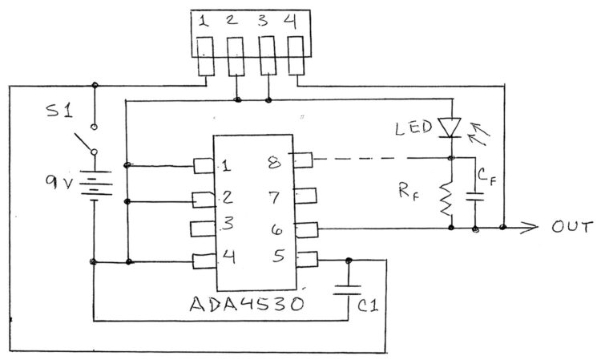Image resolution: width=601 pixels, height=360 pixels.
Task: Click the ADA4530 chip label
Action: [247, 304]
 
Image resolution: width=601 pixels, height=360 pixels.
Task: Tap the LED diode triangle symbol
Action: [450, 127]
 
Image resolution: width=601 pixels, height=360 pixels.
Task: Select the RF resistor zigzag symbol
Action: [446, 199]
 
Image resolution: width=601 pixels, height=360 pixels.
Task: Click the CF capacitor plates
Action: [475, 196]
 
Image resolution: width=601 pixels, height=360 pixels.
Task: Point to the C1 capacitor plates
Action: [347, 289]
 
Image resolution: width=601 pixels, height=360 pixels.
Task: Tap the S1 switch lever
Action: [83, 142]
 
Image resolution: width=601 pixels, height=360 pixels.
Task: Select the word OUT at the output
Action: [572, 227]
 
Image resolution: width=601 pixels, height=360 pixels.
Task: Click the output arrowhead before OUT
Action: [530, 228]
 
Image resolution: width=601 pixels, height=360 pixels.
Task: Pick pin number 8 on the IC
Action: [275, 163]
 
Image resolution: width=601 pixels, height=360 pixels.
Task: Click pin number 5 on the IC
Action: [279, 255]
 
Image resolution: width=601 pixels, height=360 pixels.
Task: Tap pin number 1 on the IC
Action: [226, 167]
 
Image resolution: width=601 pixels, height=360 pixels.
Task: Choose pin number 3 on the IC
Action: [228, 224]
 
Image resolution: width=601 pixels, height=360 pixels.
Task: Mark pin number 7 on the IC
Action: [274, 197]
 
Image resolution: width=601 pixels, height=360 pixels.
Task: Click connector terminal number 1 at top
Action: [204, 21]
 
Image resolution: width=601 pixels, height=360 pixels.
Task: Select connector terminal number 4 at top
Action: [290, 22]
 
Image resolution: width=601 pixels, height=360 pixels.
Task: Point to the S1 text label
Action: [58, 111]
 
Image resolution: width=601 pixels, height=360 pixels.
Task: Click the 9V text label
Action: [58, 182]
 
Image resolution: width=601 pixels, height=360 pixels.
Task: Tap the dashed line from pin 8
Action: [381, 158]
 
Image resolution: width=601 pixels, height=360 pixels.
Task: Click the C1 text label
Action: [369, 305]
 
